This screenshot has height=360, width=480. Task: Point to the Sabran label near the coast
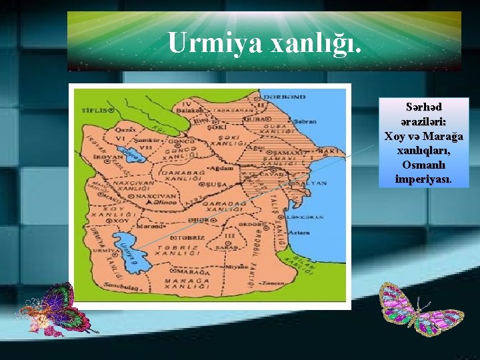pos(305,123)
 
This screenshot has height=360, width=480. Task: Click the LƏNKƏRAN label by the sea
pos(307,217)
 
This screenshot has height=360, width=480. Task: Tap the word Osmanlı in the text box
pos(423,165)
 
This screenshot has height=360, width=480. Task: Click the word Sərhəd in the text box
pos(423,107)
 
